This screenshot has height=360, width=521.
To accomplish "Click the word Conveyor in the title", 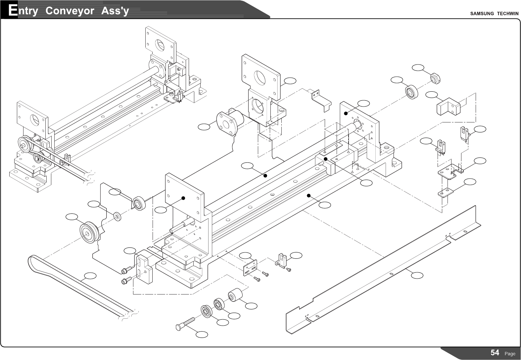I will (70, 11).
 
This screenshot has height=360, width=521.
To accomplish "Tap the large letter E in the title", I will (13, 10).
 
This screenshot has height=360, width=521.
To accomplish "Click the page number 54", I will (495, 353).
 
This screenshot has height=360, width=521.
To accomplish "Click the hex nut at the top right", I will (435, 78).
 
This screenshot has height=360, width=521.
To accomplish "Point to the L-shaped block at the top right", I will (449, 106).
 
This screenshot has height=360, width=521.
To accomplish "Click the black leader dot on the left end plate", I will (183, 198).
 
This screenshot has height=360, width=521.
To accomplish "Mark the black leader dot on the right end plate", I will (346, 113).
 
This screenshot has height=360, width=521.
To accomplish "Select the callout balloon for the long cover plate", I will (417, 275).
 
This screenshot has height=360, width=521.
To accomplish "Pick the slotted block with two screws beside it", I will (144, 269).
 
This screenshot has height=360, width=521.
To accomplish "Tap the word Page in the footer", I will (510, 354).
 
